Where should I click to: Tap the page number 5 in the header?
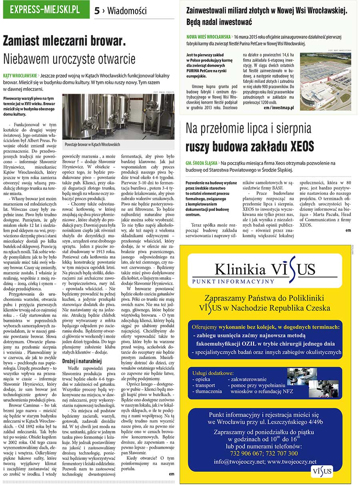(x=97, y=11)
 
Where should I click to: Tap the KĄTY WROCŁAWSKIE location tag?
(x=20, y=75)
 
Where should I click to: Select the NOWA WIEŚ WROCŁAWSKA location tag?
(x=208, y=36)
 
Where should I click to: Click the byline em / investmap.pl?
(x=279, y=108)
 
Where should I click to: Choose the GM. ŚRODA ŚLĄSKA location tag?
(x=202, y=163)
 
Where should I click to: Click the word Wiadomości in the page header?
(x=127, y=11)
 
